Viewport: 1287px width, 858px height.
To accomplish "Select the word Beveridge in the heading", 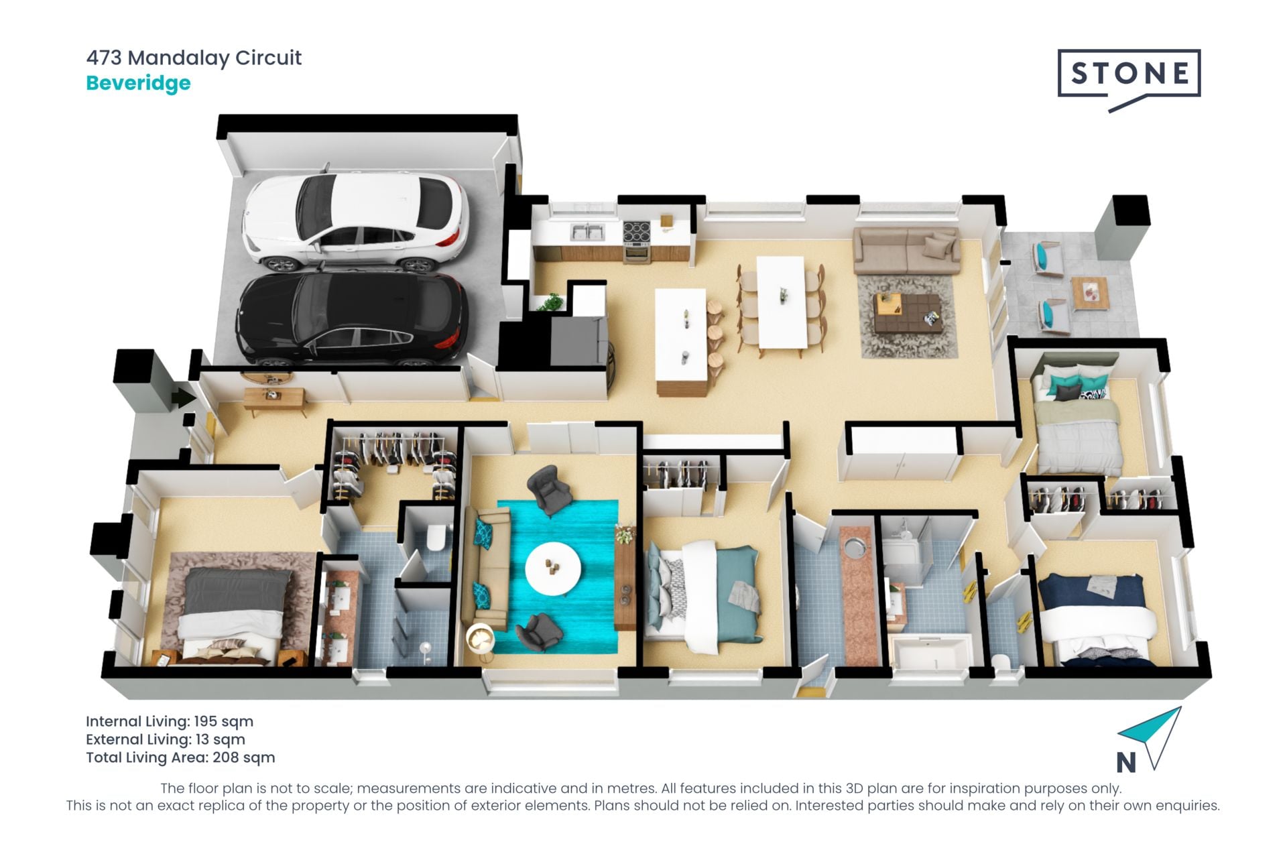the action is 138,83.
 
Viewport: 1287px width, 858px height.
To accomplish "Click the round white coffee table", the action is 553,568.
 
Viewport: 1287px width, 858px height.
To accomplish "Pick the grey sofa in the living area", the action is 906,251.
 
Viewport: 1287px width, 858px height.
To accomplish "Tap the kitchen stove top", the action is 636,232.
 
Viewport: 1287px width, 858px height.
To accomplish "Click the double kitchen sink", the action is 588,231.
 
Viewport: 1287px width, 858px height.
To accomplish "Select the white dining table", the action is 782,302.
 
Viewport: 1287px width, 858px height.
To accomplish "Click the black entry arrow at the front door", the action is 183,398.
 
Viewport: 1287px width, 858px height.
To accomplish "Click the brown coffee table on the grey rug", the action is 907,312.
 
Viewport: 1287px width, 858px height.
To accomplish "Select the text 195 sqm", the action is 223,721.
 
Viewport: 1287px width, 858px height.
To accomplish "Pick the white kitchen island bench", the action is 681,339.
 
